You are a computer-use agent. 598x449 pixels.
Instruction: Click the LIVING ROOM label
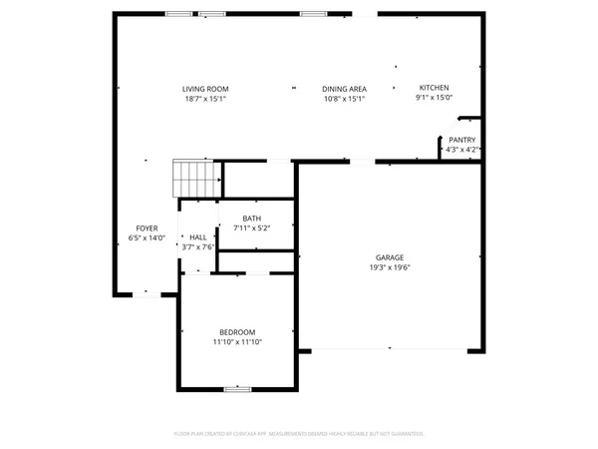click(x=204, y=89)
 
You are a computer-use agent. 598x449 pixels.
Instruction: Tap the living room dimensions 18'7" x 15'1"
click(x=204, y=99)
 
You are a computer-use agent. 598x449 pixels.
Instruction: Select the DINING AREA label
click(x=344, y=89)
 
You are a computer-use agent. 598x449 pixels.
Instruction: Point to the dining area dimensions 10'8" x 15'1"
click(x=344, y=99)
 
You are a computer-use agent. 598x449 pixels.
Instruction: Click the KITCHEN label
click(x=434, y=88)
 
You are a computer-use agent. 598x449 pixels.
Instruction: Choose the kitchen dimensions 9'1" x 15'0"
click(x=434, y=98)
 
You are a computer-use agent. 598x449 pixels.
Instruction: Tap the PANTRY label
click(x=461, y=140)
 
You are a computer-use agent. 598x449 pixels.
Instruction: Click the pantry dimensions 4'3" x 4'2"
click(x=461, y=150)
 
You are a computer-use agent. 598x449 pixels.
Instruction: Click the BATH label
click(x=251, y=219)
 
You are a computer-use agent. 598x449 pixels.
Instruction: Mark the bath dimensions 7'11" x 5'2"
click(x=251, y=228)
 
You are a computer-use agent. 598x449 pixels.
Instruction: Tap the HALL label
click(x=197, y=236)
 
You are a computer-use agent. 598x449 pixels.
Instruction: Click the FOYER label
click(x=147, y=228)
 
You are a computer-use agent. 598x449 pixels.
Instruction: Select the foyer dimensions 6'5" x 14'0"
click(x=147, y=238)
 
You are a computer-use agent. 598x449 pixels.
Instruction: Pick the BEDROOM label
click(x=237, y=332)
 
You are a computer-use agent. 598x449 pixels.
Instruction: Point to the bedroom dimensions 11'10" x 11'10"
click(x=237, y=342)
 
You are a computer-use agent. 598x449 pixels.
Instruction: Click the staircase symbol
click(x=195, y=180)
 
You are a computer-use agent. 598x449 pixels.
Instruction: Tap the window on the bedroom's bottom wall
click(x=236, y=389)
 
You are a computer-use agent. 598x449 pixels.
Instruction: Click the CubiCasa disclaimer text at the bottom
click(x=299, y=434)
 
